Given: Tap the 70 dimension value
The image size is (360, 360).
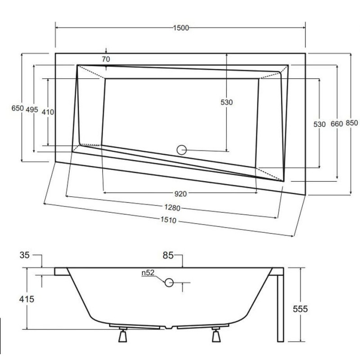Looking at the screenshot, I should tap(106, 59).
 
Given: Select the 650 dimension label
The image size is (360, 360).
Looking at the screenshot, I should tap(17, 108).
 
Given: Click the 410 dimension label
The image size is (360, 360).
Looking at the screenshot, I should tap(48, 112).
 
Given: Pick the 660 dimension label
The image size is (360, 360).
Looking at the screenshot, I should tap(337, 124).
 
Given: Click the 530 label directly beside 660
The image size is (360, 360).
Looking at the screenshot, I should tap(319, 124).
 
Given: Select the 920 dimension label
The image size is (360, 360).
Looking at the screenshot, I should tap(180, 194).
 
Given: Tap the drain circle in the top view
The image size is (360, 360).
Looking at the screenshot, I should tap(182, 150).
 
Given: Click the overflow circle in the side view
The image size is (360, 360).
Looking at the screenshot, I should tap(169, 283).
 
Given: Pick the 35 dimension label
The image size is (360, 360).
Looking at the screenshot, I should tap(24, 256).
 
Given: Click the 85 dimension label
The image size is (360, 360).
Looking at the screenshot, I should tap(168, 256).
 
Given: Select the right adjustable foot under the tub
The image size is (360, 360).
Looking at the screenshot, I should tap(216, 335).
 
